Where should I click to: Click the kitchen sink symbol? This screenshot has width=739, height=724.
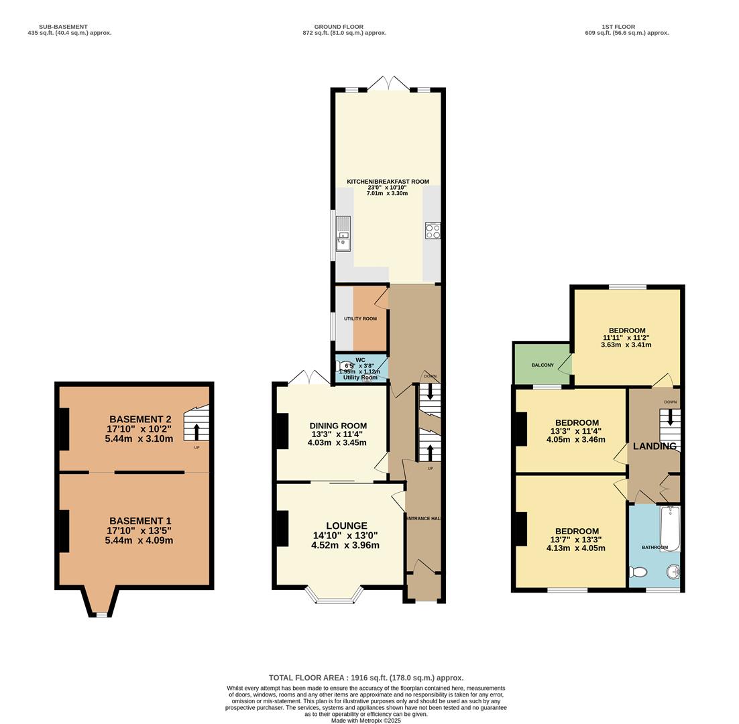coord(343,233)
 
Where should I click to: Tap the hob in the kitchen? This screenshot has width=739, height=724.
coord(433,231)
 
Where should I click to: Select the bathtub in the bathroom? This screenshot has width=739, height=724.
coord(670,528)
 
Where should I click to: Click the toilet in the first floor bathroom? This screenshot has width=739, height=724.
coord(638,572)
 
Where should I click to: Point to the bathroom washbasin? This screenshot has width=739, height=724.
coord(673,571)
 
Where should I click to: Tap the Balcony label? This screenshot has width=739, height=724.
coord(543,365)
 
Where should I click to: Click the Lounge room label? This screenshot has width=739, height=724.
coord(346,526)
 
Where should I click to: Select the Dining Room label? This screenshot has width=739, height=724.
coord(338,426)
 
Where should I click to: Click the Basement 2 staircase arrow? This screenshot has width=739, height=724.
coord(196,431)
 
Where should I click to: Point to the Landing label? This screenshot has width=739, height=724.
coord(655,446)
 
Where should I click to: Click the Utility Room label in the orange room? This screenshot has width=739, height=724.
coord(360,318)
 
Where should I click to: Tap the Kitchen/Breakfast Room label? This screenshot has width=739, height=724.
coord(388,182)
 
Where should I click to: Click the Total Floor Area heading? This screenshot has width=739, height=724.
coord(366,678)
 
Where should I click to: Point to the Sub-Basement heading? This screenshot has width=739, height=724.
coord(63,27)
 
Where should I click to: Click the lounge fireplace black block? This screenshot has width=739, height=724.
coord(282,528)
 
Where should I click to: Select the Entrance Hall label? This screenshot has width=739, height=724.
coord(422,518)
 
